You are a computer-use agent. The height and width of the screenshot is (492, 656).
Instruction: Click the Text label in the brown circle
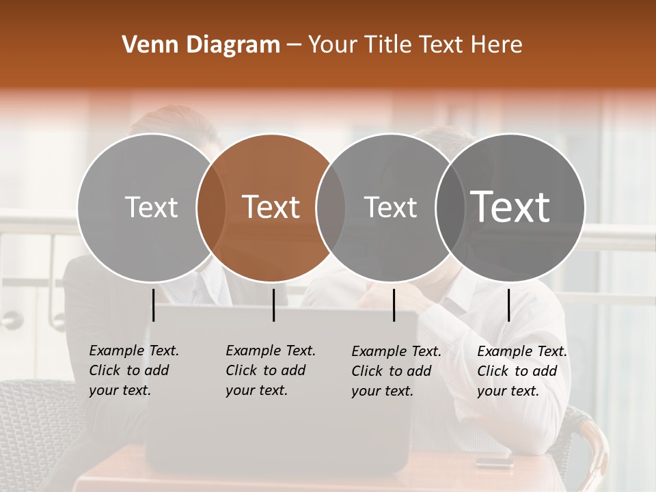click(x=271, y=207)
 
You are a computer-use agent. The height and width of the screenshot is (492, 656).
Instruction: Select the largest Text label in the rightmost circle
click(x=510, y=207)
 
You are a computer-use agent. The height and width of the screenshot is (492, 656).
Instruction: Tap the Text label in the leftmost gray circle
click(x=151, y=207)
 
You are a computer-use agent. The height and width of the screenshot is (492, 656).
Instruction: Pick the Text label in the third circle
click(x=390, y=207)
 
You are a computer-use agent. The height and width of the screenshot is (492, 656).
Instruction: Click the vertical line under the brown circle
click(x=273, y=305)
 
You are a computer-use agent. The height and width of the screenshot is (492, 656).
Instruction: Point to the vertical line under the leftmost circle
click(x=153, y=305)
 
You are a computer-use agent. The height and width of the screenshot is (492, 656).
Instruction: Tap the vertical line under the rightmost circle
click(x=509, y=305)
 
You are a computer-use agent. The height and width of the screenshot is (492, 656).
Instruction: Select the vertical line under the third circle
click(x=394, y=305)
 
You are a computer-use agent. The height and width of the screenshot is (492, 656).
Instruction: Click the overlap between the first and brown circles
click(x=211, y=207)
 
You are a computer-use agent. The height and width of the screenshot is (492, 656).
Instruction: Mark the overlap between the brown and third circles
click(x=331, y=207)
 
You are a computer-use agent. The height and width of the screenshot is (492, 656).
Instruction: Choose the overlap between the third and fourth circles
click(x=450, y=207)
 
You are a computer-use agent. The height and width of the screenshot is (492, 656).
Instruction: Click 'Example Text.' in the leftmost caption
click(x=134, y=351)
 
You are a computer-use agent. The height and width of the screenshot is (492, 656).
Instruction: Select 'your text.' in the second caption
click(x=256, y=390)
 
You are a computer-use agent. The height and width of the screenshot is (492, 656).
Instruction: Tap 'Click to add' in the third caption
click(x=392, y=371)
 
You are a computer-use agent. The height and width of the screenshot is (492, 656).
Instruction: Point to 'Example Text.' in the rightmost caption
click(x=522, y=351)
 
